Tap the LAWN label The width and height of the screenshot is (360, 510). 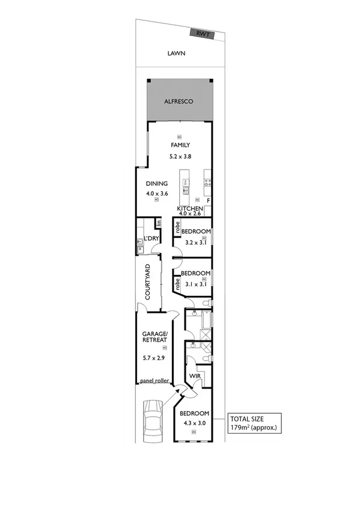pyautogui.click(x=176, y=54)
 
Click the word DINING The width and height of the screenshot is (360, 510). pyautogui.click(x=156, y=184)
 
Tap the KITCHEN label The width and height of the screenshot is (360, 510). pyautogui.click(x=194, y=208)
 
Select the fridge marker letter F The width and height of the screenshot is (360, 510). pyautogui.click(x=208, y=200)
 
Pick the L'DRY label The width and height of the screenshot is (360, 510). pyautogui.click(x=150, y=239)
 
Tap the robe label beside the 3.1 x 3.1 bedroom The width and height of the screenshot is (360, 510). pyautogui.click(x=178, y=283)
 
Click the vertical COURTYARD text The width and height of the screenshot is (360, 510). pyautogui.click(x=147, y=284)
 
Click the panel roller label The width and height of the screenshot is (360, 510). pyautogui.click(x=154, y=381)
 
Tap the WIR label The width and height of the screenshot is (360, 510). pyautogui.click(x=195, y=376)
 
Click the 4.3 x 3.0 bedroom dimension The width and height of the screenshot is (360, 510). pyautogui.click(x=194, y=424)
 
